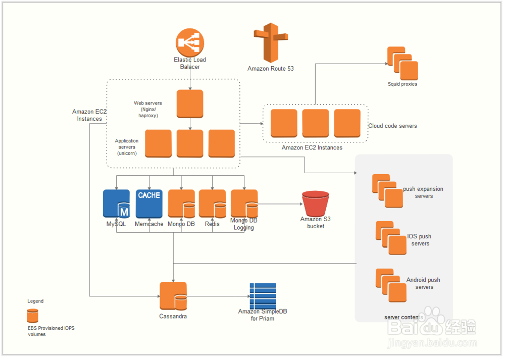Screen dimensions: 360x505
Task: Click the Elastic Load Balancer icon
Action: click(190, 42)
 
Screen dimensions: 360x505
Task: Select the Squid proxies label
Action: click(402, 84)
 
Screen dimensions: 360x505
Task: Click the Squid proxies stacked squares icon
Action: click(402, 62)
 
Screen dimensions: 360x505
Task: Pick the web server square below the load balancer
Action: click(190, 104)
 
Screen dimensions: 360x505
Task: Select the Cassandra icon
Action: click(173, 296)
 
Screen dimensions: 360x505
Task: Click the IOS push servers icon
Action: click(391, 238)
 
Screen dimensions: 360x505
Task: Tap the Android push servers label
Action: click(423, 283)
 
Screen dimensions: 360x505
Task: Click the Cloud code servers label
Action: click(392, 126)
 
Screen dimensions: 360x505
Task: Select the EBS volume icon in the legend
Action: click(33, 316)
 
